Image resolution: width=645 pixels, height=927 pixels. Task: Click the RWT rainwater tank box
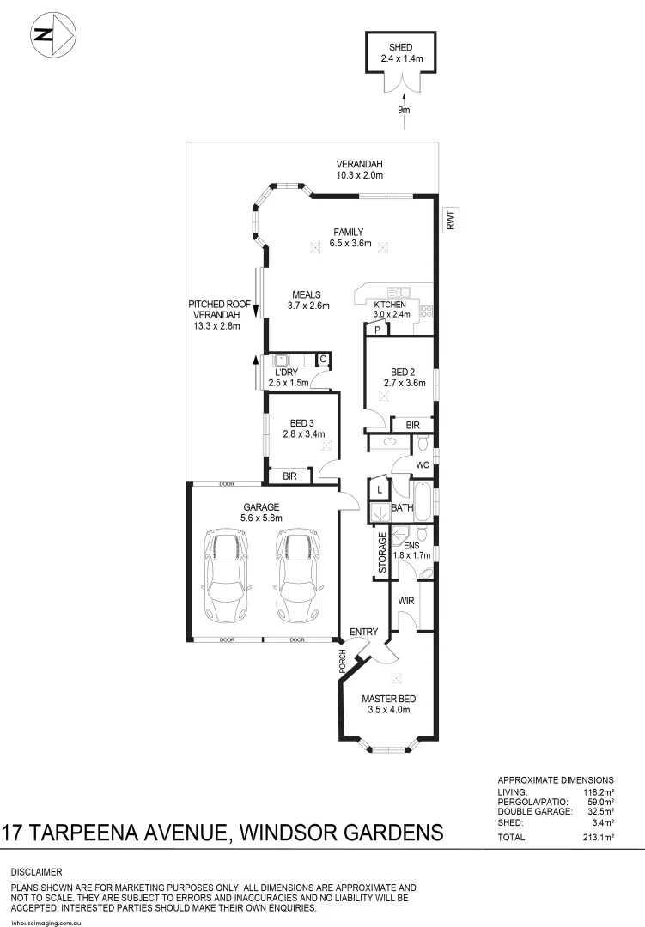(x=449, y=221)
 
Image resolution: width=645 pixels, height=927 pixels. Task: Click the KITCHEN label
(x=389, y=304)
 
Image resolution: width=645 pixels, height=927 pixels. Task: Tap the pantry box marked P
(x=376, y=329)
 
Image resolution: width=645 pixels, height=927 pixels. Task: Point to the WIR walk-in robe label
(x=406, y=601)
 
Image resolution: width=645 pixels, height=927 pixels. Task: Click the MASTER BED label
(x=386, y=698)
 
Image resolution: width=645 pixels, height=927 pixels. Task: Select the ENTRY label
(x=364, y=633)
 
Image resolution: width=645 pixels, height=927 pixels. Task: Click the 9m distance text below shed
(x=403, y=111)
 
